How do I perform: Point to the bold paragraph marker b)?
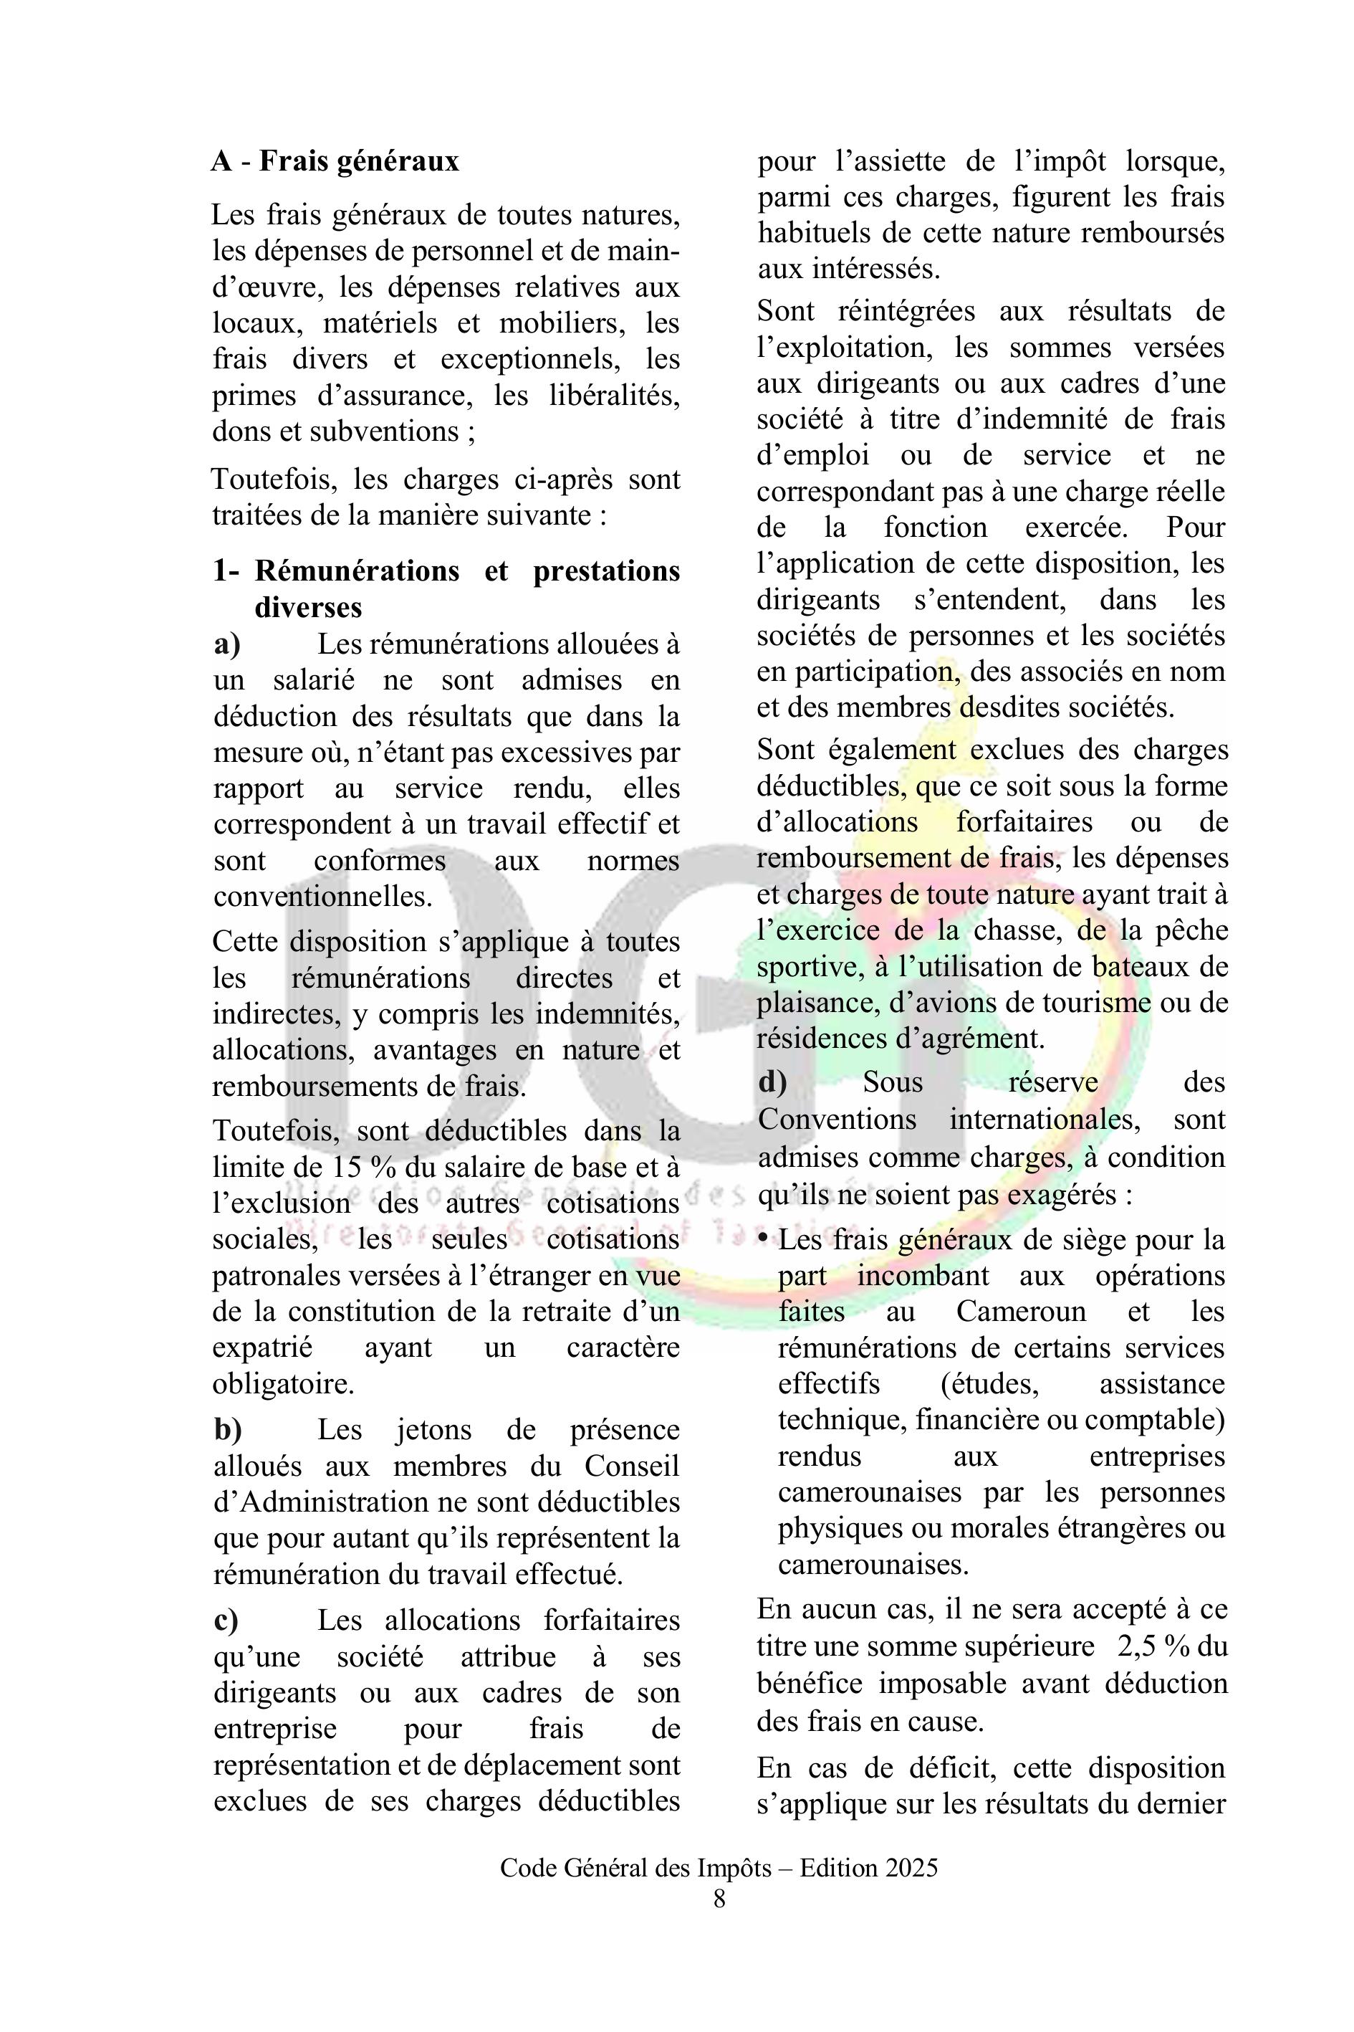coord(228,1430)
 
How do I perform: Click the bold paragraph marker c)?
coord(226,1620)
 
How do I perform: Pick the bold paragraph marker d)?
coord(772,1082)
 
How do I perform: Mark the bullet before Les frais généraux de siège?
coord(764,1239)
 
